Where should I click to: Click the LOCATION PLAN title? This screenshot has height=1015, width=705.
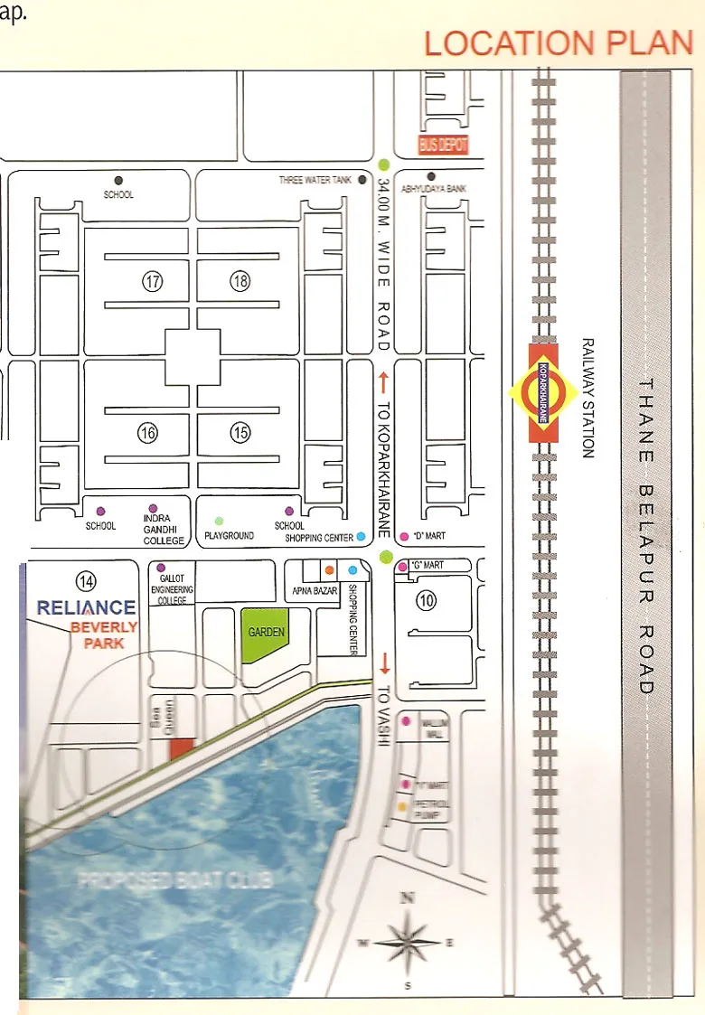[x=558, y=42]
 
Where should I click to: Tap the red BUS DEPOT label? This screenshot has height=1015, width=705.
[x=443, y=145]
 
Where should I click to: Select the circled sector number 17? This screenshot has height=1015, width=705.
[x=152, y=282]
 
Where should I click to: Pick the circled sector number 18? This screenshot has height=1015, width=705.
[x=240, y=282]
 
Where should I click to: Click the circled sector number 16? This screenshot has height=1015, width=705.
[x=148, y=433]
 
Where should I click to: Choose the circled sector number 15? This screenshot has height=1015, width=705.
[x=240, y=433]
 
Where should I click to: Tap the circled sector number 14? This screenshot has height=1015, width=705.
[x=87, y=580]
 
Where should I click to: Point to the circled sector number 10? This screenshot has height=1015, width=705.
[x=426, y=599]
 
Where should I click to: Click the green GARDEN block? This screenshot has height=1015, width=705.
[x=266, y=633]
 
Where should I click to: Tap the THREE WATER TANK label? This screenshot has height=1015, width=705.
[x=315, y=181]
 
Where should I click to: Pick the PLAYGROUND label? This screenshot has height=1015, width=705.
[x=229, y=536]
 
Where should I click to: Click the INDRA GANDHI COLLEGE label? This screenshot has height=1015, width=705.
[x=164, y=530]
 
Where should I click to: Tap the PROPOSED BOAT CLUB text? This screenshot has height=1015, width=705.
[x=176, y=879]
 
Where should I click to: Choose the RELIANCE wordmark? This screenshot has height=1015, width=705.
[x=86, y=607]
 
